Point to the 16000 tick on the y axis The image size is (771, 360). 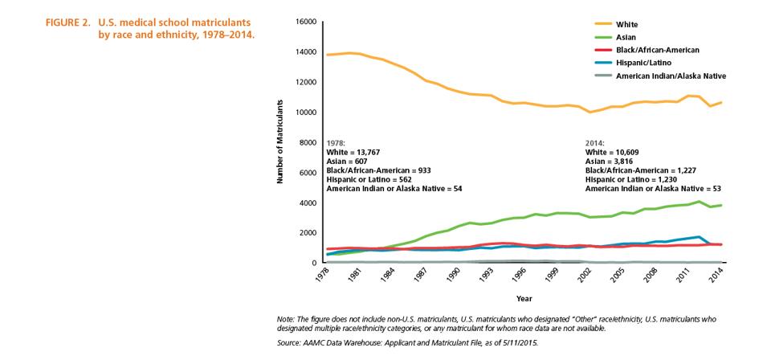coord(305,22)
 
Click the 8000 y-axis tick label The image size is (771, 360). coord(308,142)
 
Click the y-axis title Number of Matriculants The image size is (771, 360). coord(281,141)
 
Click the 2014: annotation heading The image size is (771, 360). coord(595,143)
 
